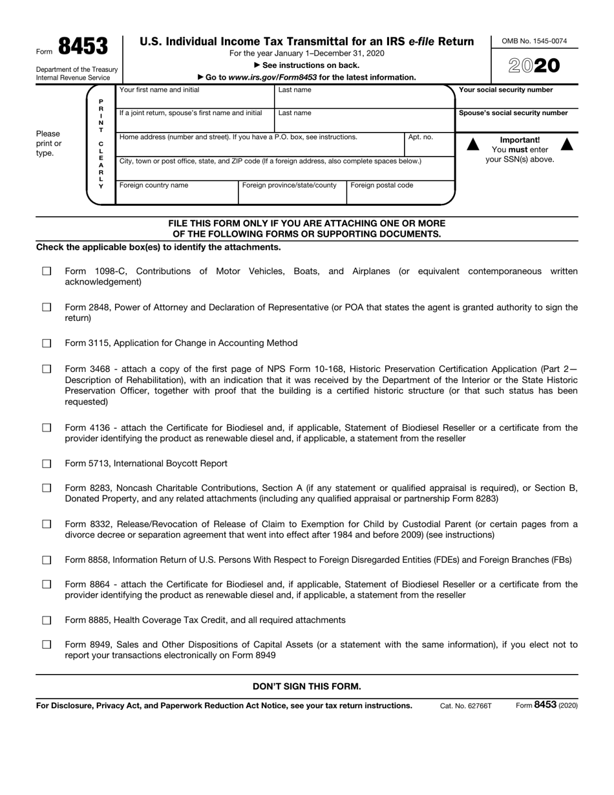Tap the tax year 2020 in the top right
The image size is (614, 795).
click(x=534, y=66)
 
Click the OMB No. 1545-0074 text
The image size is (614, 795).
click(x=534, y=41)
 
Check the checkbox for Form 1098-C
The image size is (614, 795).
click(x=47, y=272)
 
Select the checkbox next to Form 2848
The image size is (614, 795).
click(x=47, y=308)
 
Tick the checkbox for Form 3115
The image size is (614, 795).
click(x=47, y=343)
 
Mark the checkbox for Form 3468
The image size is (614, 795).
click(x=47, y=369)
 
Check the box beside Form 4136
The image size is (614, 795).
click(x=47, y=428)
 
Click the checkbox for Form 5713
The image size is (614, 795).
click(x=47, y=464)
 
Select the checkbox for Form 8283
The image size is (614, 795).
click(x=47, y=488)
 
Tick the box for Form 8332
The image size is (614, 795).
click(x=47, y=524)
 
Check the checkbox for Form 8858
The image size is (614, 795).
click(x=47, y=560)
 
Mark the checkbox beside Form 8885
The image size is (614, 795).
click(x=47, y=620)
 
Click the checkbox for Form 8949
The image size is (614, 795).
click(x=47, y=645)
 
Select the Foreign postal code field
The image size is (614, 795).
click(x=399, y=193)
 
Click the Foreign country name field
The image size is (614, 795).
click(x=176, y=193)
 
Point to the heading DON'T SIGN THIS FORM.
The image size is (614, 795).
click(x=307, y=686)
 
